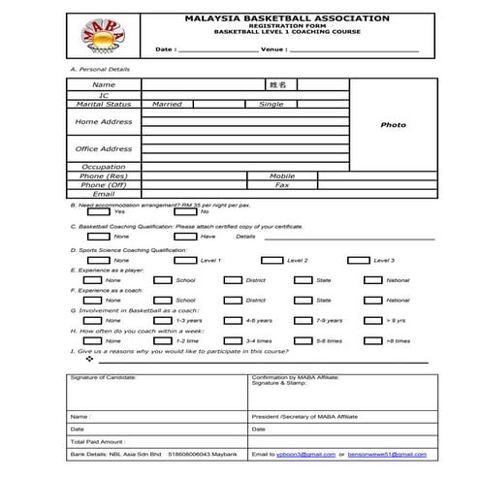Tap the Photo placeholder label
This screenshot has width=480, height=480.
coord(393,125)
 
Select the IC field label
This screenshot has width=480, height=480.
coord(104,95)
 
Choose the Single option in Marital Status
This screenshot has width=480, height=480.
coord(272,104)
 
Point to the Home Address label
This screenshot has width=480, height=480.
coord(104,122)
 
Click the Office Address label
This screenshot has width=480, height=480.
coord(104,149)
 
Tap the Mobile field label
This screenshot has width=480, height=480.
coord(282,176)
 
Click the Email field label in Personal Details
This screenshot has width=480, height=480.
coord(104,193)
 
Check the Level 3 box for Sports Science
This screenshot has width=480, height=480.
coord(358,260)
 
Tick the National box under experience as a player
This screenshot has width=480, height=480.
coord(358,280)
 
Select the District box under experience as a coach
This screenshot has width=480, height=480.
coord(233,300)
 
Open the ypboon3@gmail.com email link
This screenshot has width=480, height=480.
coord(307,454)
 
